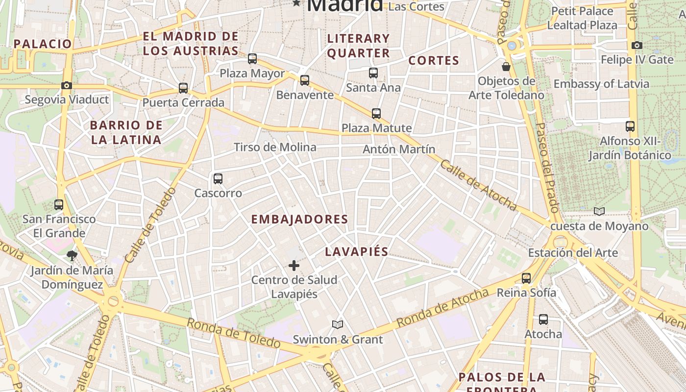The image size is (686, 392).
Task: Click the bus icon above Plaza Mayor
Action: [x=252, y=59]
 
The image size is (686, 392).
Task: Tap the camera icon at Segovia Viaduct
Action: [x=67, y=85]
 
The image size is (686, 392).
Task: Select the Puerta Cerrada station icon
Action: [x=183, y=88]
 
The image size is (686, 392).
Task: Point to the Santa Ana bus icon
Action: [x=373, y=73]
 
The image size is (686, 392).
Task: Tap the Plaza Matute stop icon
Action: [x=376, y=114]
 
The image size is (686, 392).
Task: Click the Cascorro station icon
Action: [x=218, y=179]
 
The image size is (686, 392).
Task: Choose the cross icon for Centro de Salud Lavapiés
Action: [x=294, y=266]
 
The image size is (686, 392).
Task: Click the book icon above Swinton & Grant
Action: [x=338, y=324]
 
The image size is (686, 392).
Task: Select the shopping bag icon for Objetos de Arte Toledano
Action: [x=506, y=66]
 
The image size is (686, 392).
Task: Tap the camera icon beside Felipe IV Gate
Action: [x=637, y=46]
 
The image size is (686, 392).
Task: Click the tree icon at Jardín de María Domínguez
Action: [x=72, y=255]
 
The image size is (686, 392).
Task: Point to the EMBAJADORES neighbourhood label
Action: [x=299, y=220]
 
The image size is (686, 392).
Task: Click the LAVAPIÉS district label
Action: [x=357, y=252]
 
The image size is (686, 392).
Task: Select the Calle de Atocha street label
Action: [x=478, y=185]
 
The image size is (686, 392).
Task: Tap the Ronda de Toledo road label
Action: [x=233, y=333]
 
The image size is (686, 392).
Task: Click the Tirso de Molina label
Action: [x=275, y=147]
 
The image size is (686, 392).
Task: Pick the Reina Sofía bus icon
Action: [x=526, y=278]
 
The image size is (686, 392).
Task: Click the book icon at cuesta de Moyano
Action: [x=599, y=211]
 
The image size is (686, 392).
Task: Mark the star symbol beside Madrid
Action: [x=296, y=3]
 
